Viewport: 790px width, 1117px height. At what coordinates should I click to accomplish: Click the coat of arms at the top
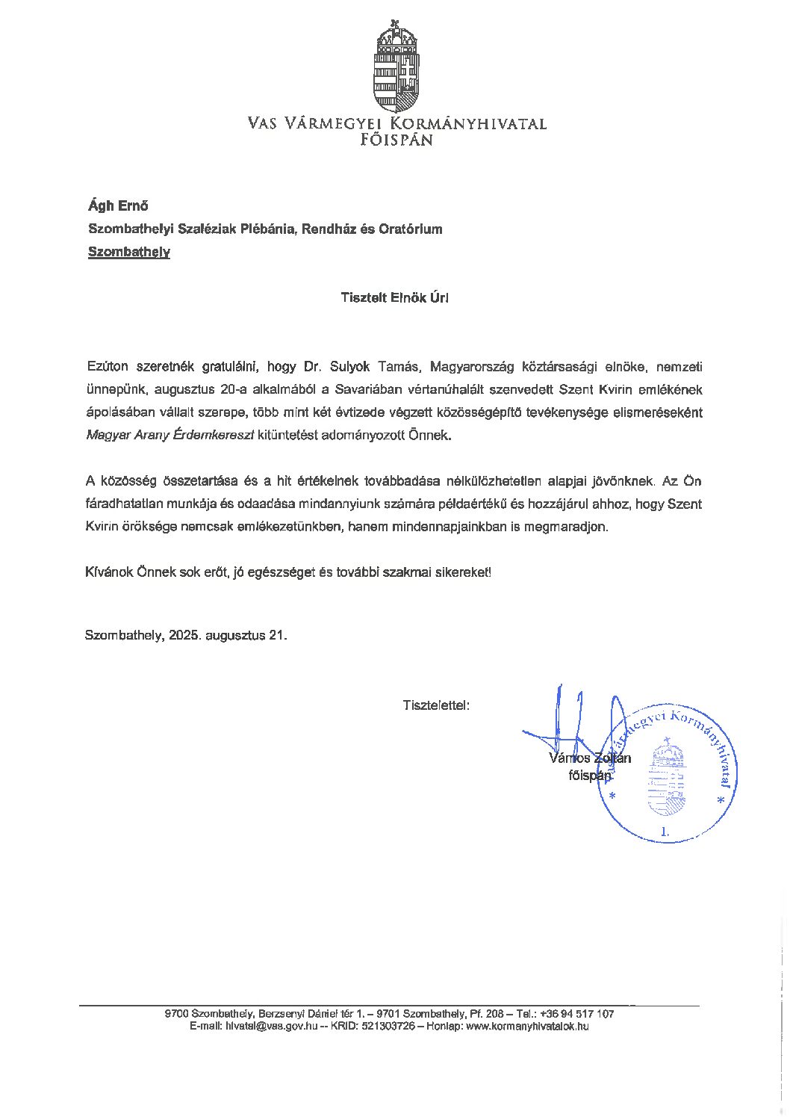[396, 66]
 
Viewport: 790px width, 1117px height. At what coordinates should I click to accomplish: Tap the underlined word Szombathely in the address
[129, 252]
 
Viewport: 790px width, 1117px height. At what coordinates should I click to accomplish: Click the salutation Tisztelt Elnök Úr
[394, 297]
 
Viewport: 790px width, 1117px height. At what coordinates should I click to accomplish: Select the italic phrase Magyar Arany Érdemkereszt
[170, 435]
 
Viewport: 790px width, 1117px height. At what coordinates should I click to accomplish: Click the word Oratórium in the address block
[411, 229]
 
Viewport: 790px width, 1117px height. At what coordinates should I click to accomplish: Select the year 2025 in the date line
[184, 635]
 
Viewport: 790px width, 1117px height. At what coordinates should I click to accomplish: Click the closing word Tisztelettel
[436, 705]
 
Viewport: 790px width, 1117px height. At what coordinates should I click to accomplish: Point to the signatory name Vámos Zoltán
[589, 758]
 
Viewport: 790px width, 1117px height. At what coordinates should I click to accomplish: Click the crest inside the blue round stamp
[666, 777]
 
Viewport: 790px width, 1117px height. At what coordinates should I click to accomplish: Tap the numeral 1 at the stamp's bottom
[665, 831]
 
